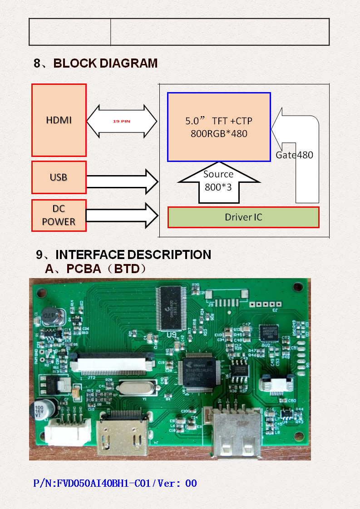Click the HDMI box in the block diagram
pyautogui.click(x=59, y=120)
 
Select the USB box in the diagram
pyautogui.click(x=59, y=177)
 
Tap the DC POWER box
pyautogui.click(x=59, y=215)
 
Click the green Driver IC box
pyautogui.click(x=243, y=217)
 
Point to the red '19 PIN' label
pyautogui.click(x=121, y=122)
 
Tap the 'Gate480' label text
pyautogui.click(x=294, y=155)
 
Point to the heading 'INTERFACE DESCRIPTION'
pyautogui.click(x=133, y=255)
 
